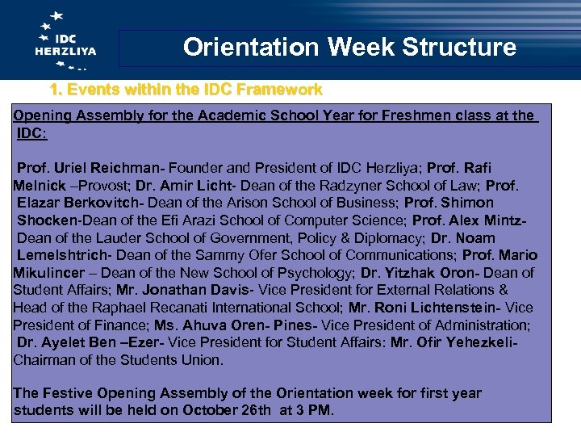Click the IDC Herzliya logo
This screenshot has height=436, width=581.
65,40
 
